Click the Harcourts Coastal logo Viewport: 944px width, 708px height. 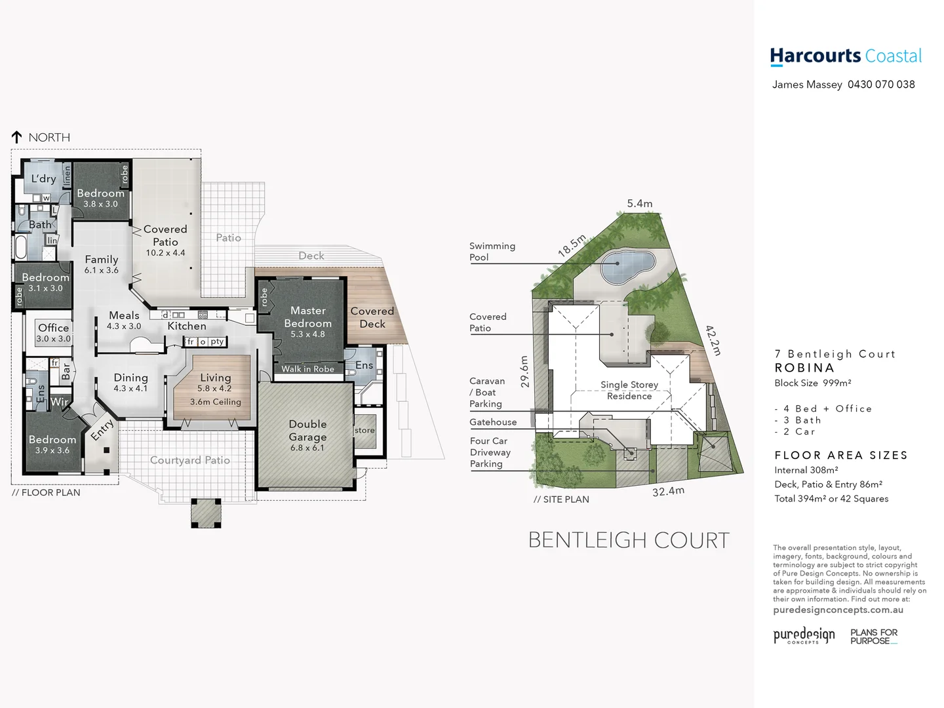846,56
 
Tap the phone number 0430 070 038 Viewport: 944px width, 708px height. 881,85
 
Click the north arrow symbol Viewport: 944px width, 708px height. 17,137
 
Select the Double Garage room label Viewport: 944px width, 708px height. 307,431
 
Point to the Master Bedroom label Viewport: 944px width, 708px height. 307,317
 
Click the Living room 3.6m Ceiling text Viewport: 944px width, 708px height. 216,402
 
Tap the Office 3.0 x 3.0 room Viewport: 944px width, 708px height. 53,332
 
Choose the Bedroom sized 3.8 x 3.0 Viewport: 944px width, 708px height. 100,197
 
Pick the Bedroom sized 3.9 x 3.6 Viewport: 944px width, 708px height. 52,444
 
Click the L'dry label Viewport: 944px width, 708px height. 44,178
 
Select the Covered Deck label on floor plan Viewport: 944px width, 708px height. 372,317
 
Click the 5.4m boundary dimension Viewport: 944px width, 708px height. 640,204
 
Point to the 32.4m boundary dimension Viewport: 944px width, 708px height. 668,491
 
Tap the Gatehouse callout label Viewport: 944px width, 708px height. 493,422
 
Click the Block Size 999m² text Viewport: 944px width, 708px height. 813,383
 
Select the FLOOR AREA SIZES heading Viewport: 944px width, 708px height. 841,455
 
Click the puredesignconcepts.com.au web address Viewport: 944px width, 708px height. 838,610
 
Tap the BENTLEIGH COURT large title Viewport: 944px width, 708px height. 629,540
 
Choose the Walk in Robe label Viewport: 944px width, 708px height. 307,369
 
